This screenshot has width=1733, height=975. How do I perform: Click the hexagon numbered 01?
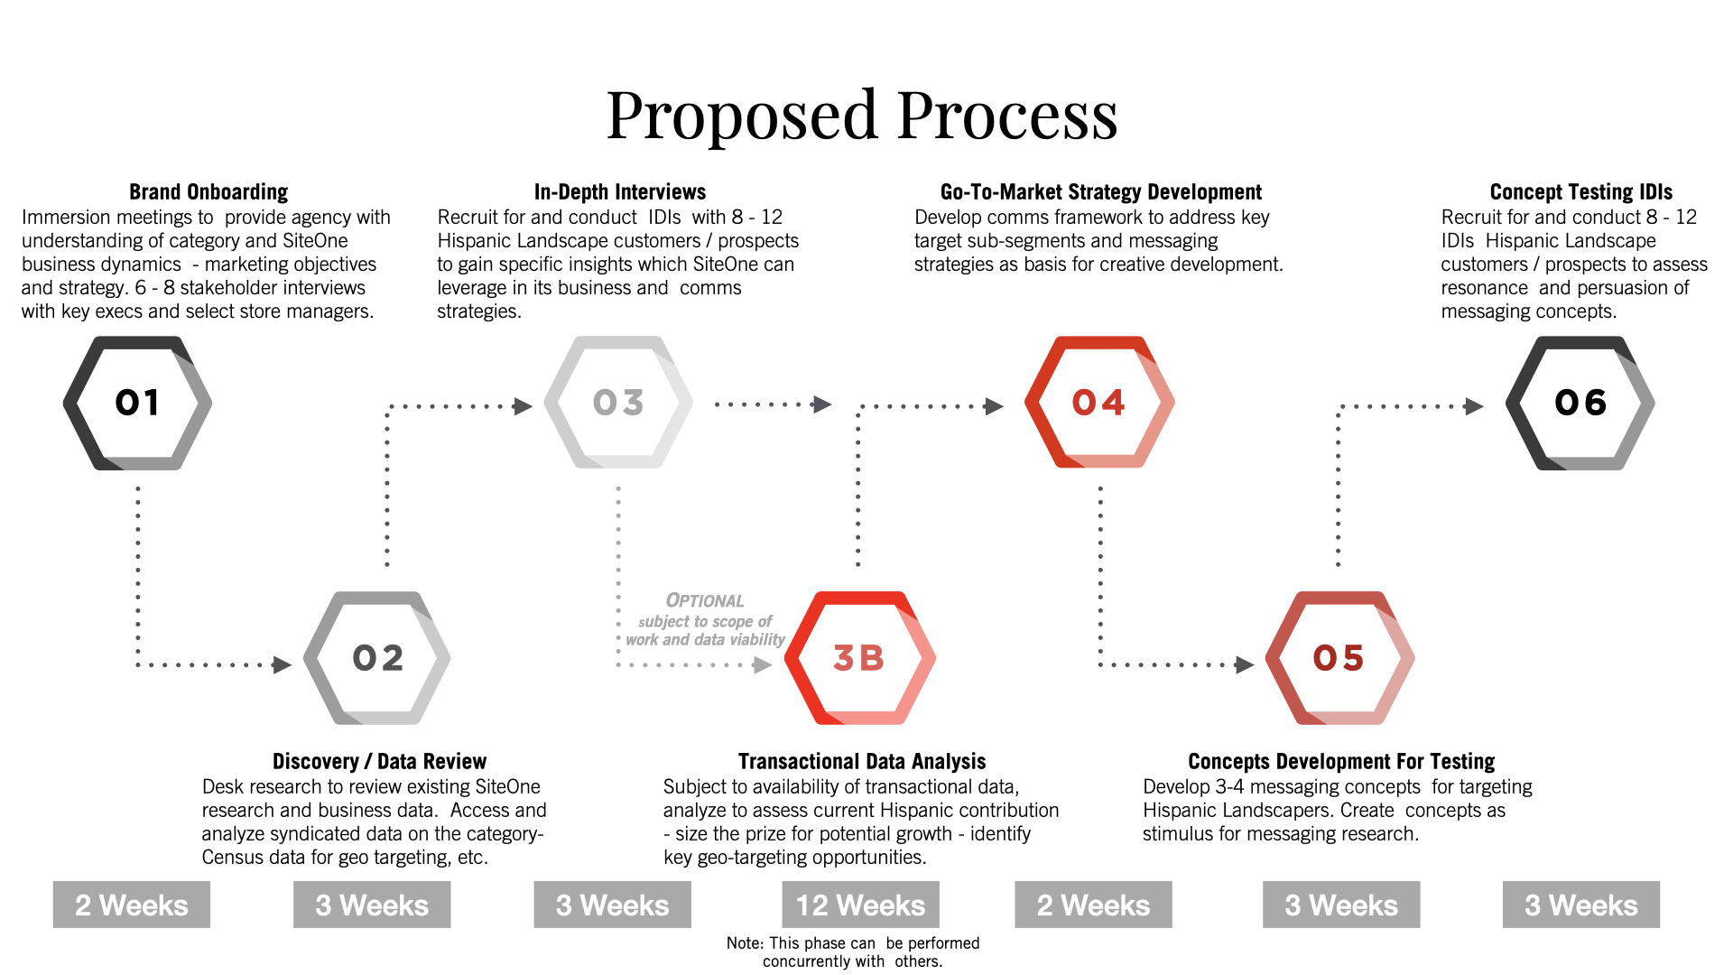click(x=137, y=403)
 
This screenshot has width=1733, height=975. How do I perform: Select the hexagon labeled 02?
click(x=377, y=658)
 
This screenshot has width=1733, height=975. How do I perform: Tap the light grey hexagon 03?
click(x=618, y=403)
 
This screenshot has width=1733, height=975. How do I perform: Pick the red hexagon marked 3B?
click(x=859, y=658)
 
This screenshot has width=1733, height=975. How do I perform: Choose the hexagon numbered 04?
click(x=1099, y=403)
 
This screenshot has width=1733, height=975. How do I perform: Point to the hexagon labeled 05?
click(x=1339, y=658)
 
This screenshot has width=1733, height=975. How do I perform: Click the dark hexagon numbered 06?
click(x=1580, y=403)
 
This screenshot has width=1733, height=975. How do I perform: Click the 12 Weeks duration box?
click(x=860, y=905)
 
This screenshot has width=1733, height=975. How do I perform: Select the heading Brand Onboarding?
click(x=209, y=192)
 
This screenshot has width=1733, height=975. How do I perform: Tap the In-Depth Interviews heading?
click(x=620, y=192)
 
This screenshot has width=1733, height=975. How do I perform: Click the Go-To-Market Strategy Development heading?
click(x=1101, y=192)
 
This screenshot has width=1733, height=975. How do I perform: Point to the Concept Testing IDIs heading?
click(x=1580, y=192)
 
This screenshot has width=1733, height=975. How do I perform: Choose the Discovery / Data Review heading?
click(x=379, y=762)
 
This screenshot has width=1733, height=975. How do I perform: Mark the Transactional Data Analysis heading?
click(x=862, y=762)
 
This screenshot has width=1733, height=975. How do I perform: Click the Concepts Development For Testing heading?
click(x=1341, y=762)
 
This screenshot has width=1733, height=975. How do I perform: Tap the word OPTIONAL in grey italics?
click(x=705, y=601)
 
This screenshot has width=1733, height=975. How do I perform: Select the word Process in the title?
click(x=1007, y=116)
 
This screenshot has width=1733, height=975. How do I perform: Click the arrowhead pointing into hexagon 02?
click(x=283, y=665)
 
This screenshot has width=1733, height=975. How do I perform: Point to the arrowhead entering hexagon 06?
click(x=1474, y=406)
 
